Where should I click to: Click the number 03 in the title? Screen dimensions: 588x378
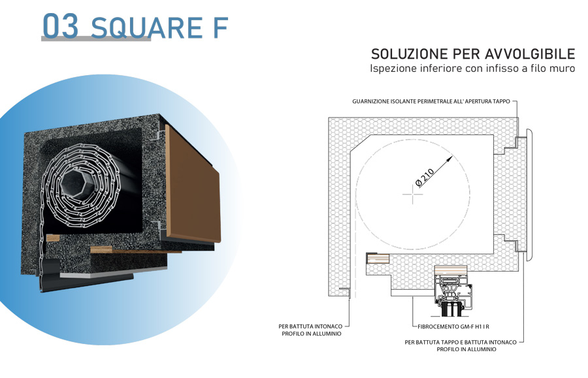click(x=61, y=25)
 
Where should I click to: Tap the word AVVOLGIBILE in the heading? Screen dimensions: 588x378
click(x=531, y=54)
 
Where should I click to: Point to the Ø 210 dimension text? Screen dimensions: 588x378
click(x=425, y=177)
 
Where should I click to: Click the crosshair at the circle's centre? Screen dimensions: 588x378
click(x=412, y=194)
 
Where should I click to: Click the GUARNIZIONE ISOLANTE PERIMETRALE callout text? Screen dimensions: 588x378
click(x=431, y=102)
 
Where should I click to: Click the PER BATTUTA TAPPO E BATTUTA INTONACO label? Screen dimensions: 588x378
click(x=461, y=342)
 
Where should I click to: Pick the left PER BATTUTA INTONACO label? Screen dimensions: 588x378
click(x=310, y=326)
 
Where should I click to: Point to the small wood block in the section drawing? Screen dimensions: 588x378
click(x=378, y=259)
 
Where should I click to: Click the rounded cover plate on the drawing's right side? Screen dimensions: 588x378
click(x=529, y=195)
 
